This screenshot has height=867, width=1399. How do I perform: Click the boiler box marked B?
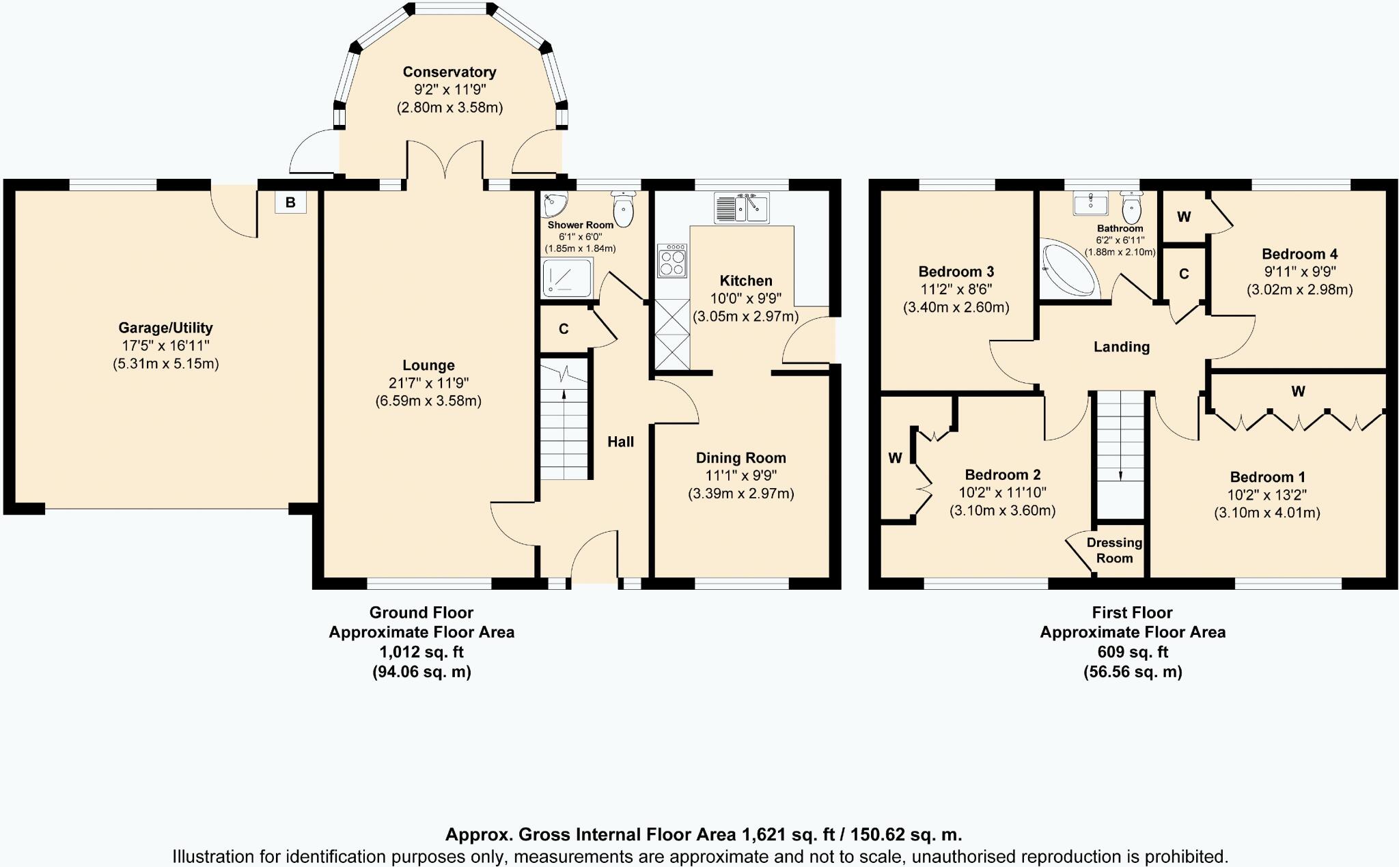(x=290, y=202)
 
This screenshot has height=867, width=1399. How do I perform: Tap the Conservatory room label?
(x=449, y=72)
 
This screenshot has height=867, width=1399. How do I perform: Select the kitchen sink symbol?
(x=741, y=208)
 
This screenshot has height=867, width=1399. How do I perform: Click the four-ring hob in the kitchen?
(x=671, y=261)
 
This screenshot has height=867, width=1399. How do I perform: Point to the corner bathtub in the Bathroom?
(x=1067, y=268)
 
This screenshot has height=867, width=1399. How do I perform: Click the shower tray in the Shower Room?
(x=567, y=277)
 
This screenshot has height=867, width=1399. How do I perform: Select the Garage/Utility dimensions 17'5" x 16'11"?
(x=165, y=345)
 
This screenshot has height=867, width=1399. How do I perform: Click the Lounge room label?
(x=428, y=365)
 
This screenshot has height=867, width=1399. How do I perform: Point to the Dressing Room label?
(x=1114, y=550)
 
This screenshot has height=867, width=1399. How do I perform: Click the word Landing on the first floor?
(x=1121, y=347)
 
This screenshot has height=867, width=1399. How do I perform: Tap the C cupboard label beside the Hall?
(x=564, y=329)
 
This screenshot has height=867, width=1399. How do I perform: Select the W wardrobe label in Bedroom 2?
(x=895, y=458)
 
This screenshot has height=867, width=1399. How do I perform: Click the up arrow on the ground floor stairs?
(x=564, y=395)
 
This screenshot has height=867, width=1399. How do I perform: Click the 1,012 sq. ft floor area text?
(x=421, y=652)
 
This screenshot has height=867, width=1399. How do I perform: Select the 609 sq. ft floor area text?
(x=1132, y=652)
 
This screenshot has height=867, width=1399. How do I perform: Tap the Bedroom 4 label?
(x=1299, y=254)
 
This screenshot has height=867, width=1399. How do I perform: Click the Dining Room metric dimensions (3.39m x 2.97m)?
(x=740, y=494)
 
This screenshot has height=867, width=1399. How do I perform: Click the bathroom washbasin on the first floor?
(x=1090, y=203)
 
